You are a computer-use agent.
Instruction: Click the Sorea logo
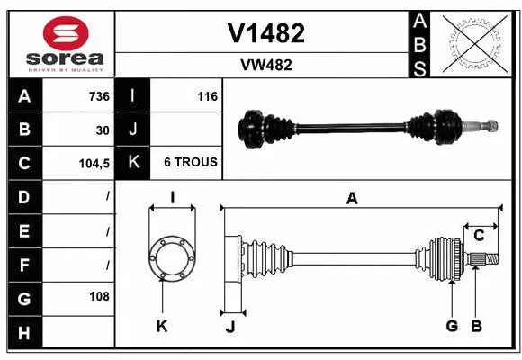pos(59,42)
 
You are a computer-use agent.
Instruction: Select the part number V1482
pos(265,33)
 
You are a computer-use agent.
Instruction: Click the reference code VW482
pos(265,65)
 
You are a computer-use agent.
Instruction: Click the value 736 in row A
pos(98,96)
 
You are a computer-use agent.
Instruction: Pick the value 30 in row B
pos(103,130)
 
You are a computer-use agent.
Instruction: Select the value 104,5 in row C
pos(94,163)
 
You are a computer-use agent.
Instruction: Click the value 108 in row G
pos(99,296)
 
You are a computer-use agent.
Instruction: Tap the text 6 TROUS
pos(190,163)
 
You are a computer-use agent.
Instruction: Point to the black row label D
pos(23,196)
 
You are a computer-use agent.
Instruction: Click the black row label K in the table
pos(133,163)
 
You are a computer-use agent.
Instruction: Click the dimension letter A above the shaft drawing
pos(352,199)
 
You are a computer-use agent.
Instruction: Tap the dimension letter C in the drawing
pos(479,236)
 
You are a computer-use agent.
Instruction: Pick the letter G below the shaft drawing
pos(452,326)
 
